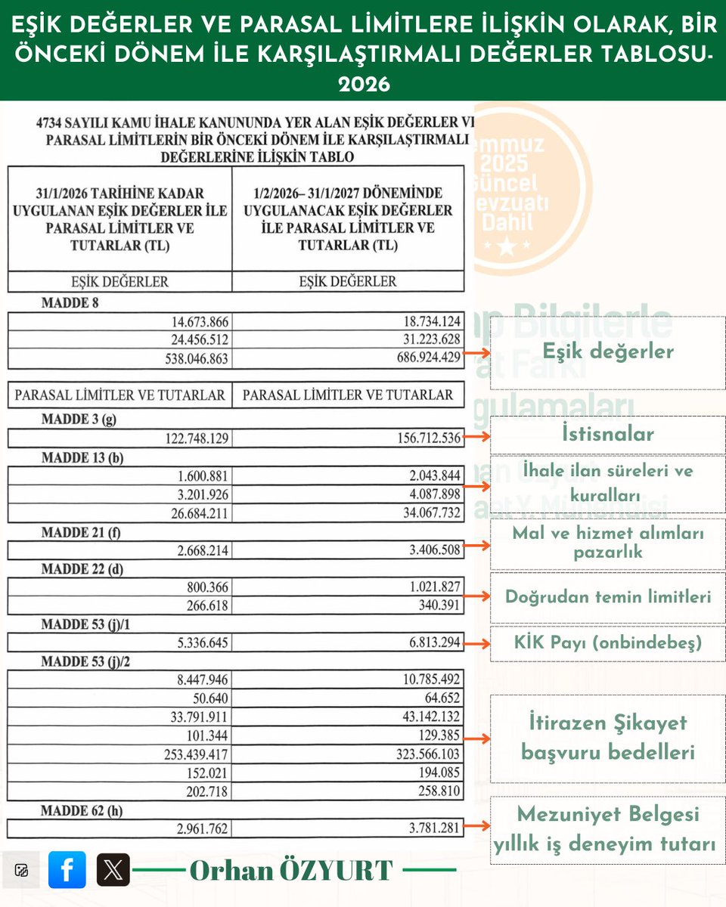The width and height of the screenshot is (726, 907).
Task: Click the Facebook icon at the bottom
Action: (67, 869)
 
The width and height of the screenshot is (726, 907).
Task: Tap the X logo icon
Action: (113, 869)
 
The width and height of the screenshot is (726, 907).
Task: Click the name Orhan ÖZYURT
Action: (291, 870)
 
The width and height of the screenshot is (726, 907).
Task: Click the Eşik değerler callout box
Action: (607, 351)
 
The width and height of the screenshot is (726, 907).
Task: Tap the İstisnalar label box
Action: (607, 434)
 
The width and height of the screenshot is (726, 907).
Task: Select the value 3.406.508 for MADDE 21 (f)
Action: (435, 549)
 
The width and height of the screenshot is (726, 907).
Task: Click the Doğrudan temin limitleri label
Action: (607, 597)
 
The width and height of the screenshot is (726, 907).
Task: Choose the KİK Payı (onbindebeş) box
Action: (607, 643)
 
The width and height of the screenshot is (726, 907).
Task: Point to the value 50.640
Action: (211, 698)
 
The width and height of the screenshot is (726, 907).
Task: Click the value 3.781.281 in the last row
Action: (435, 828)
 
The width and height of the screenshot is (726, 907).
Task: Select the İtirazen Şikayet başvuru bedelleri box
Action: (607, 738)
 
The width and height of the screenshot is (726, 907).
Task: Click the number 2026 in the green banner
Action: (363, 83)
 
